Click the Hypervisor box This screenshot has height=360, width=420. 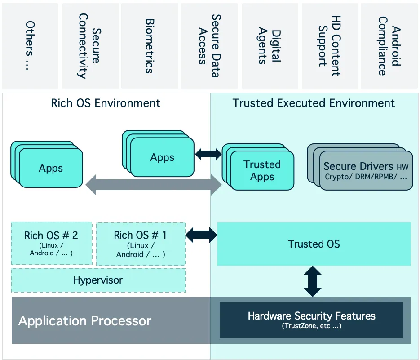(98, 280)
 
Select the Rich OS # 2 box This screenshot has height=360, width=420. (51, 243)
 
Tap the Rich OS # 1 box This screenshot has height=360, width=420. (140, 244)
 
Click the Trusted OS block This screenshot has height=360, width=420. (314, 244)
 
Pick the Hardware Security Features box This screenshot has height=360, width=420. (311, 320)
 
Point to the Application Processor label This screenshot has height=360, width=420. (85, 321)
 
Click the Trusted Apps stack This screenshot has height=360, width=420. (262, 170)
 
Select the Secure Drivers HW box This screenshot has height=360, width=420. (366, 171)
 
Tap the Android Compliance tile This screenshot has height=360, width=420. (389, 46)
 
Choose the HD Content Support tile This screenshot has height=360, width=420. (329, 46)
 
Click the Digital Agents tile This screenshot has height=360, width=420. (270, 46)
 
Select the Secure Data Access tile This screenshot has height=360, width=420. (209, 46)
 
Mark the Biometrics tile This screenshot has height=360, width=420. (150, 46)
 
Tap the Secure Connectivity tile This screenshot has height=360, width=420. (89, 46)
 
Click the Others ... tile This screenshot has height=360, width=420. (30, 46)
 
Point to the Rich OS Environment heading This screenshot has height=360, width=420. (106, 103)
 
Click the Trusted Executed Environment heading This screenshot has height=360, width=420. (314, 103)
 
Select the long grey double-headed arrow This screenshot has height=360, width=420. (153, 185)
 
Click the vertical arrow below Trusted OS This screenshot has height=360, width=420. (313, 281)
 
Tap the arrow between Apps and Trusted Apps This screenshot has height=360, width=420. (208, 154)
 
